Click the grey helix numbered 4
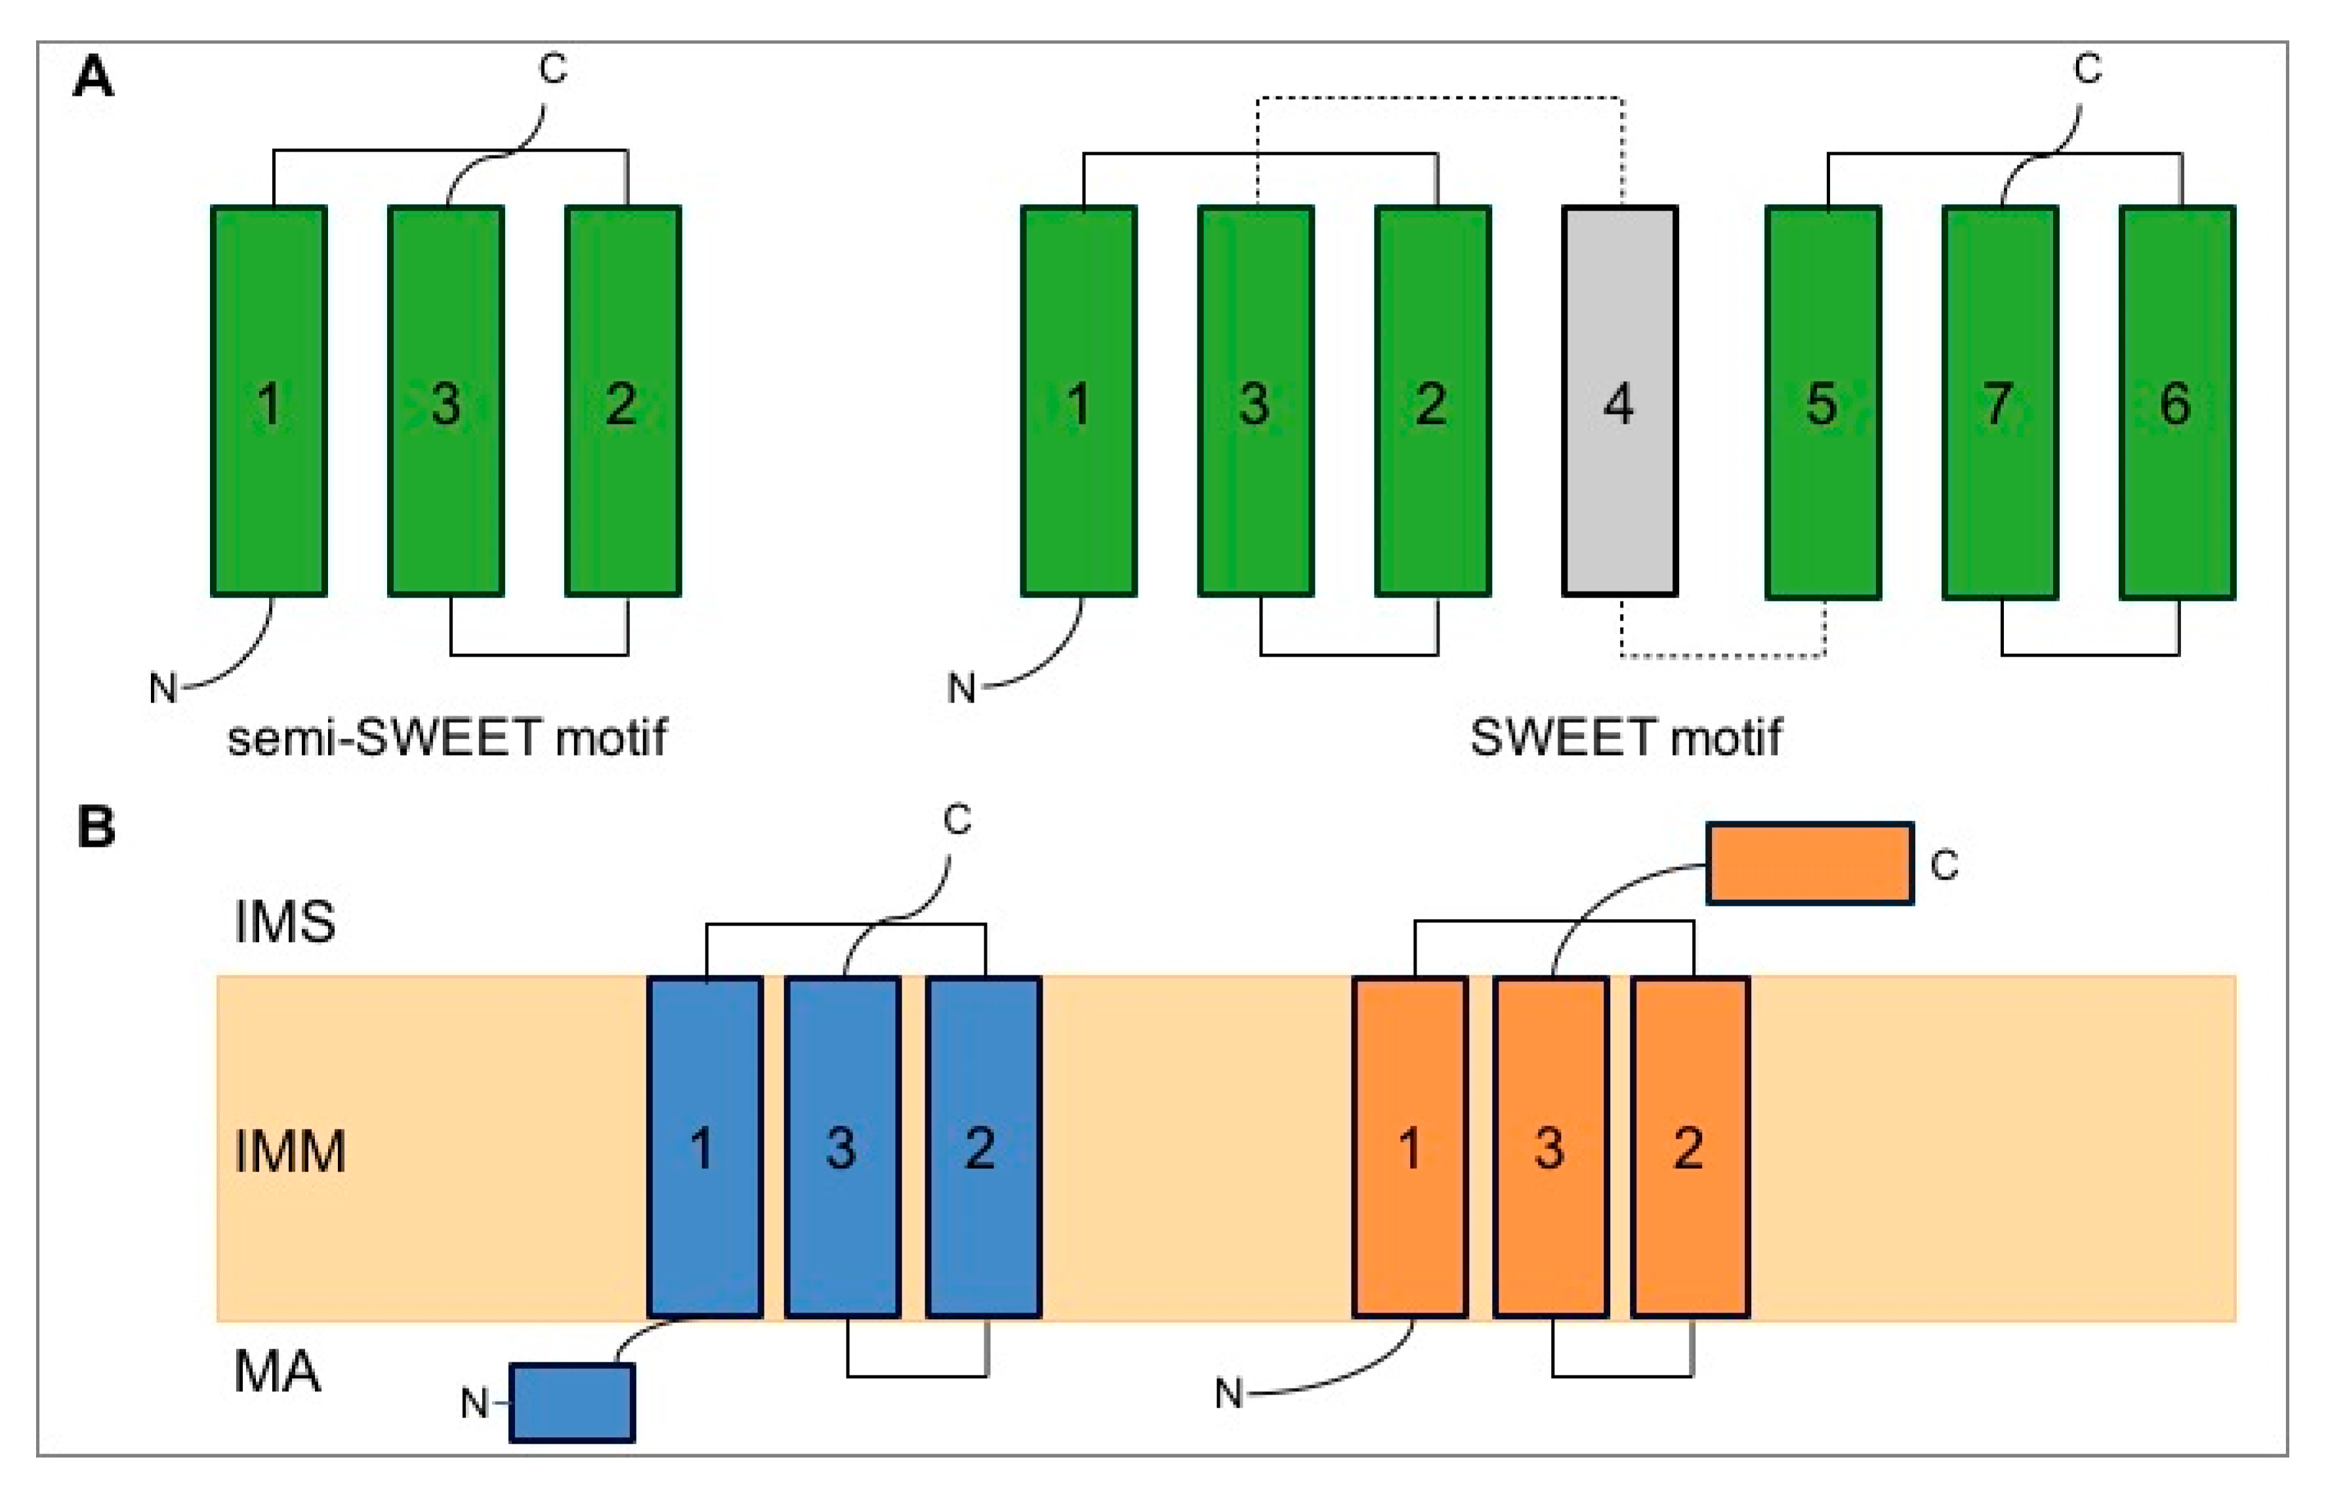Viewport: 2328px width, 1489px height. point(1620,401)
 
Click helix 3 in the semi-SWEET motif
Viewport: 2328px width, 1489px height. point(446,401)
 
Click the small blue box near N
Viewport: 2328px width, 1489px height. point(572,1402)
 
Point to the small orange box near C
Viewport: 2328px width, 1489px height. point(1808,863)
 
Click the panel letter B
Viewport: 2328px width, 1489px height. point(96,828)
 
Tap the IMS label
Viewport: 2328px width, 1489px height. point(284,922)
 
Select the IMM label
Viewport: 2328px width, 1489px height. point(289,1151)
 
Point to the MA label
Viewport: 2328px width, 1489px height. point(277,1371)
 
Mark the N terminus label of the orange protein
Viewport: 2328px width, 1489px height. point(1228,1393)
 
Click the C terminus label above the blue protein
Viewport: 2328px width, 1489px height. point(957,820)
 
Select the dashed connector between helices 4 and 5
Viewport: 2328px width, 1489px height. point(1722,657)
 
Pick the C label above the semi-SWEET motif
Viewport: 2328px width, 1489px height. point(552,70)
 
